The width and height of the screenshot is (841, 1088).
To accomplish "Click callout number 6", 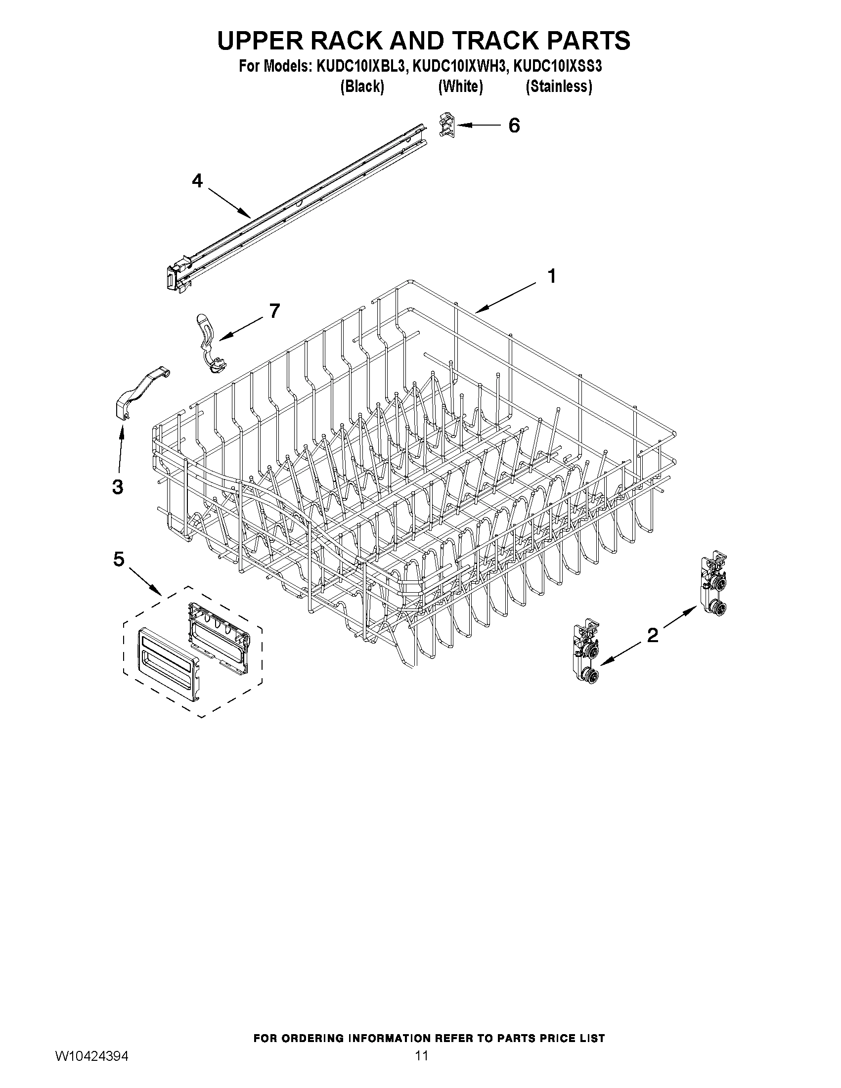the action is [x=514, y=126].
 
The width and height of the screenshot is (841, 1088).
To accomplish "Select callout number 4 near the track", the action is [x=198, y=181].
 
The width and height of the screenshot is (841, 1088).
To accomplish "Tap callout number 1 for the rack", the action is [x=552, y=276].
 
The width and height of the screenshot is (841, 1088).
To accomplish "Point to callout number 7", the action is [x=274, y=311].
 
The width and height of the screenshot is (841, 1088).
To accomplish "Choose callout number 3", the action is [x=118, y=487].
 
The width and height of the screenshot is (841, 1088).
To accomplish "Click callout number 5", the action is [x=119, y=560].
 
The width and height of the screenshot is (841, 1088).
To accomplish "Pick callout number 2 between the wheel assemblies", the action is [x=652, y=635].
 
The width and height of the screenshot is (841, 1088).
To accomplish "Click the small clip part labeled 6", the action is [x=446, y=124].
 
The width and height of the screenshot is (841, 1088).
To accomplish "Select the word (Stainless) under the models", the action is [x=559, y=87].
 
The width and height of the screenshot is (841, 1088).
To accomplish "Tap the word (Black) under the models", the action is [x=362, y=87].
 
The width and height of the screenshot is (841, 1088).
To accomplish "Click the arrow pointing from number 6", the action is [x=478, y=125].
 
